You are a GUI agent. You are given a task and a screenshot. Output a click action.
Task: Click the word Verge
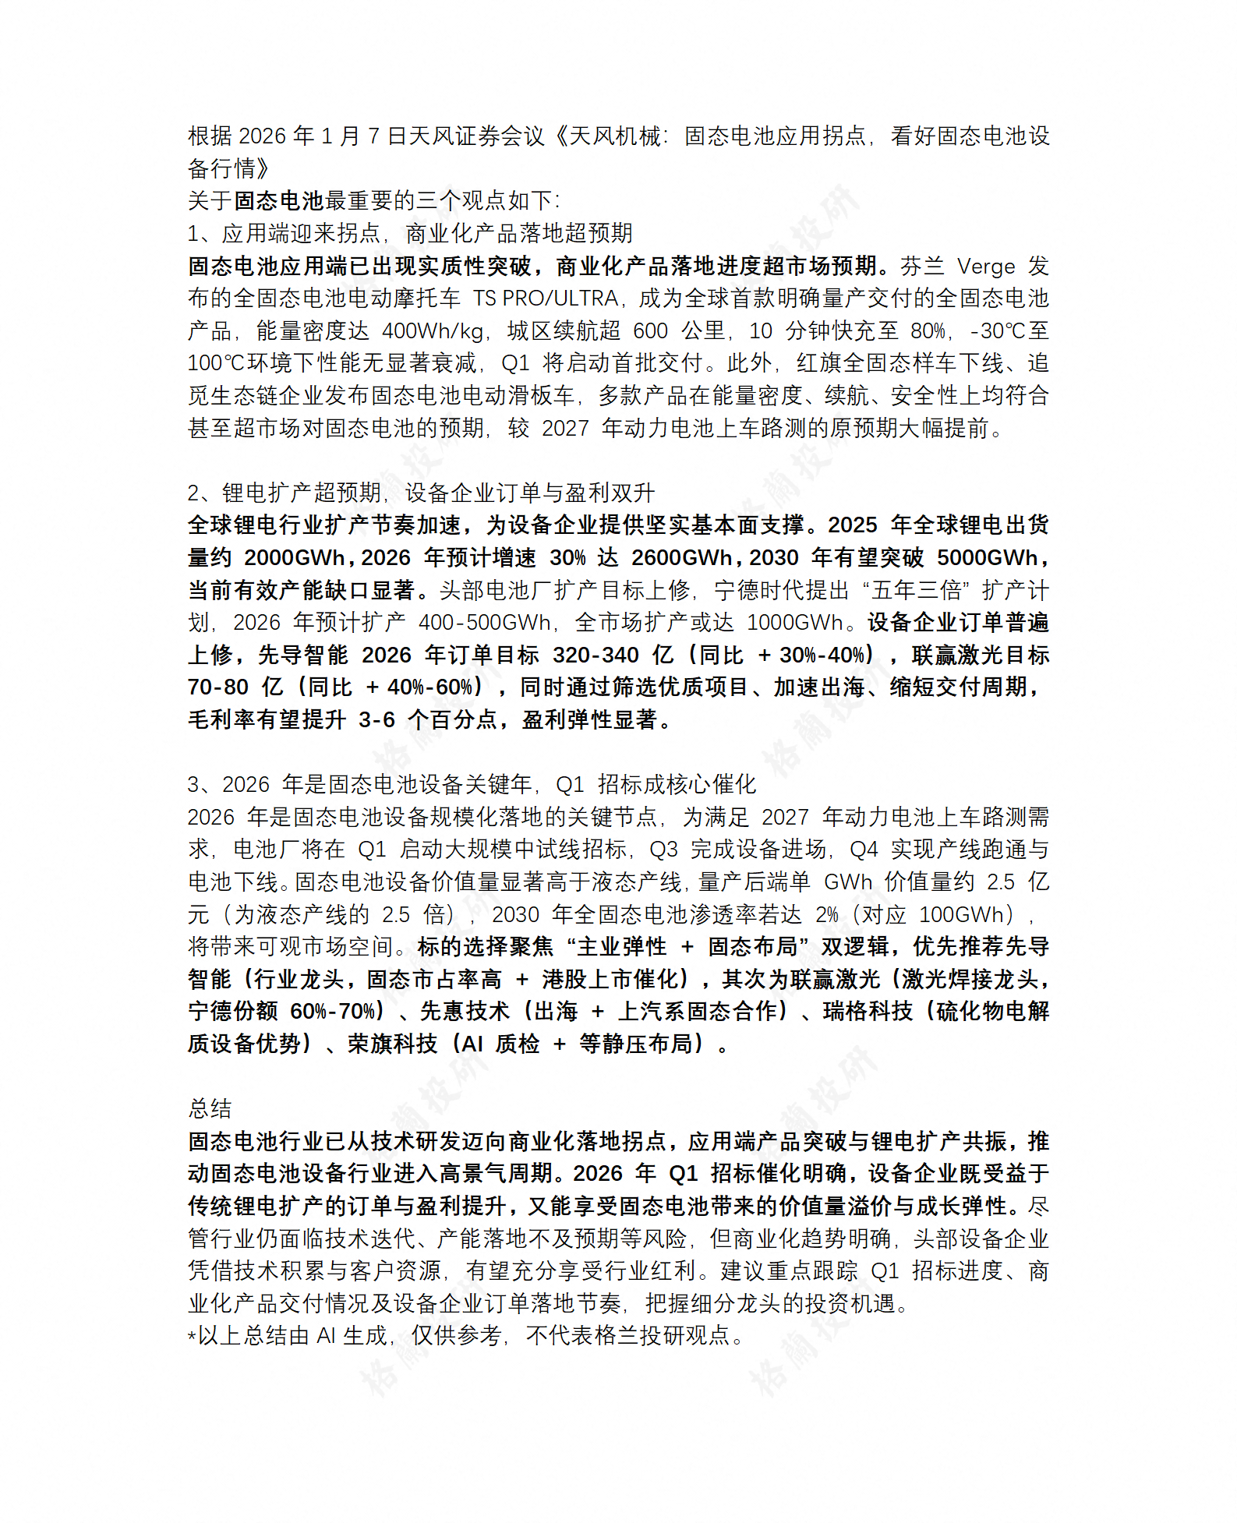pyautogui.click(x=985, y=267)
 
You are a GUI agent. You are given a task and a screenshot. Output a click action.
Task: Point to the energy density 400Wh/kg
pyautogui.click(x=433, y=331)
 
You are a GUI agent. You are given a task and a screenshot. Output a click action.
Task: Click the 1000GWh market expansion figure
pyautogui.click(x=795, y=623)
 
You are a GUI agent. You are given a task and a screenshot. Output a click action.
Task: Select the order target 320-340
pyautogui.click(x=596, y=655)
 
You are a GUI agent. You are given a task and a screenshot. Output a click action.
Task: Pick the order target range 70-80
pyautogui.click(x=217, y=687)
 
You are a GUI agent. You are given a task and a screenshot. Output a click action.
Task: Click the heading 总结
pyautogui.click(x=210, y=1108)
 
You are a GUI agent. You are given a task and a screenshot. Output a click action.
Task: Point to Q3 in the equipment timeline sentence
pyautogui.click(x=663, y=850)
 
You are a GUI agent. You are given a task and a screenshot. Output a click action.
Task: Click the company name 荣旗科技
pyautogui.click(x=392, y=1044)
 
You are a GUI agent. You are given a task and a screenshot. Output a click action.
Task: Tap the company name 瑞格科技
pyautogui.click(x=868, y=1012)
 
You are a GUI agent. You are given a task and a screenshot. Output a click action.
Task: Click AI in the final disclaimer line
pyautogui.click(x=326, y=1336)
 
